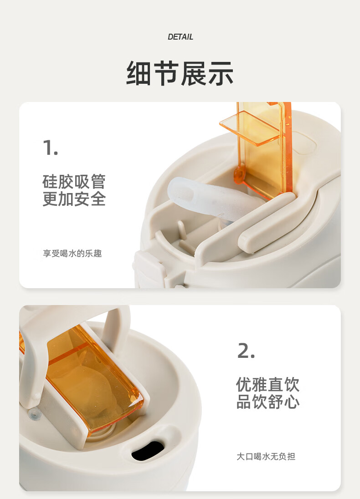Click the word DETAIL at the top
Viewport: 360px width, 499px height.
(180, 37)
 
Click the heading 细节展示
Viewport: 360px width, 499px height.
(180, 73)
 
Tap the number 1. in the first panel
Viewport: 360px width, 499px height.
(50, 148)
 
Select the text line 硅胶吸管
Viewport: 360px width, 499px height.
(74, 182)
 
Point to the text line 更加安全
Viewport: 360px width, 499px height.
(74, 199)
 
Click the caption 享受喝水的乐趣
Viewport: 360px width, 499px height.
(72, 254)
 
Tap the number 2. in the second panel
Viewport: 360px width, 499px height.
(246, 351)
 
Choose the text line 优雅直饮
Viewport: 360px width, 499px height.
(267, 384)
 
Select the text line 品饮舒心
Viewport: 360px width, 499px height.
(267, 402)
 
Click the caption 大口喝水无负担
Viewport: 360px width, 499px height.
(266, 457)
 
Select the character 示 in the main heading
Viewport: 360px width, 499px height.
(221, 73)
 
